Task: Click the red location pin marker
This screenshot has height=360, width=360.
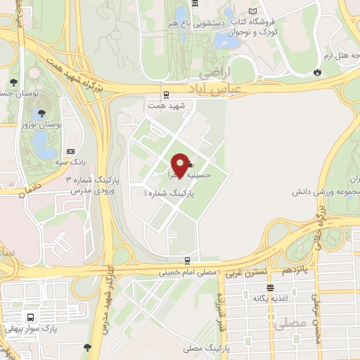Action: click(x=180, y=165)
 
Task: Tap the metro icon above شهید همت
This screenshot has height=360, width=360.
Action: click(x=166, y=94)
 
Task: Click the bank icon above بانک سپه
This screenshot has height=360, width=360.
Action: click(x=70, y=151)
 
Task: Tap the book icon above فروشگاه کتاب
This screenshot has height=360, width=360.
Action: click(x=252, y=11)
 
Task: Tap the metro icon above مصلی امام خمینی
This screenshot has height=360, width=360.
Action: click(x=186, y=260)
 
